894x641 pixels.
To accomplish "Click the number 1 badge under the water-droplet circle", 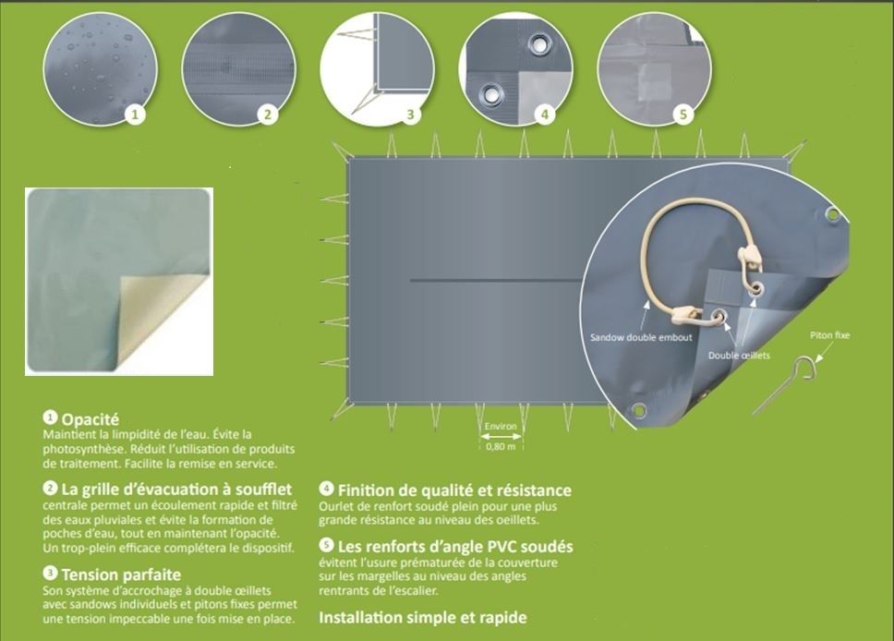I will tap(136, 115).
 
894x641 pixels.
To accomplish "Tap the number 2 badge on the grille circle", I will tap(268, 115).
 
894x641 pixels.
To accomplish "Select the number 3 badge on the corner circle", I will tap(411, 115).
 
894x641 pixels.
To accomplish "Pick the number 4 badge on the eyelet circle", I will tap(545, 115).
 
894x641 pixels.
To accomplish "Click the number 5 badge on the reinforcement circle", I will tap(683, 115).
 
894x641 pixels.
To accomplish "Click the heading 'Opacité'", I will tap(90, 419).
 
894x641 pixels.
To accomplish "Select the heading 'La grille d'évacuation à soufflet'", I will tap(175, 489).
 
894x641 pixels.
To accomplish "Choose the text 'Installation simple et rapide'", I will tap(422, 617).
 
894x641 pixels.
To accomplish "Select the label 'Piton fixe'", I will tap(828, 335).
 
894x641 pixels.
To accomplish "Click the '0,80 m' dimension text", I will tap(501, 447).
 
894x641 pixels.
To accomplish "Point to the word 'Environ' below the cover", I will tap(501, 428).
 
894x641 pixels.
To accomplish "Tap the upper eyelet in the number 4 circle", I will tap(538, 44).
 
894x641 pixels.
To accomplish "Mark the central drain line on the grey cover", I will tap(499, 280).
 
